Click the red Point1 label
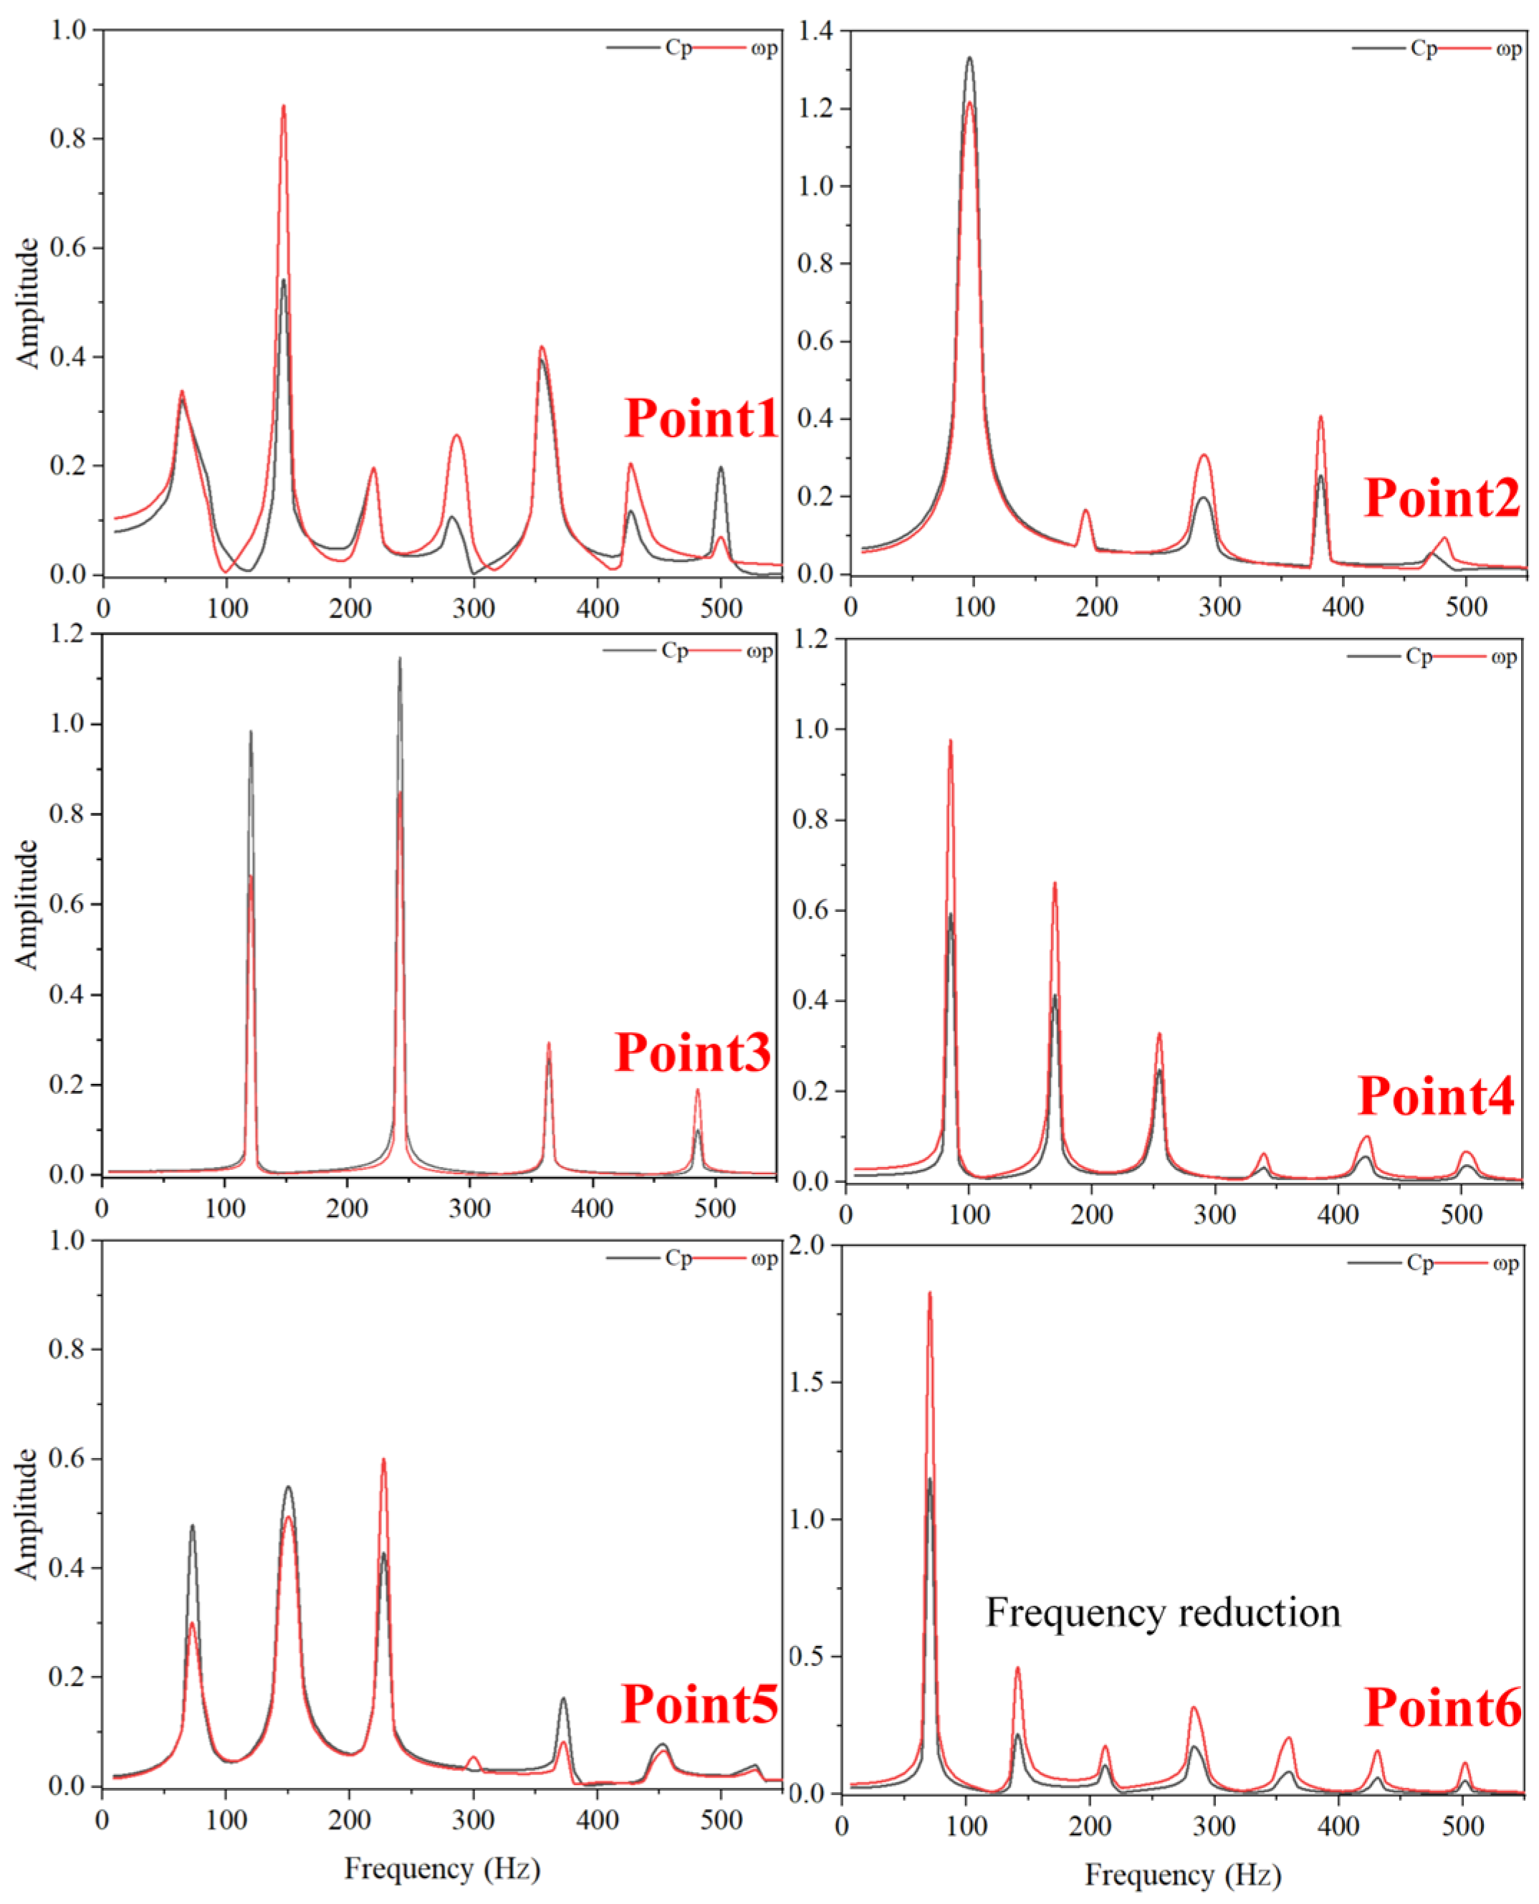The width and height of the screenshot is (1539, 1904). tap(701, 419)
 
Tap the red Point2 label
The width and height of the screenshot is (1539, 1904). tap(1442, 498)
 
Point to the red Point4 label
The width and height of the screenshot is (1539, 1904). tap(1436, 1097)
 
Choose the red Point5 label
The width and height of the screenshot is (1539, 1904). tap(699, 1705)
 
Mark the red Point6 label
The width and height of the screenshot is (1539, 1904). tap(1442, 1708)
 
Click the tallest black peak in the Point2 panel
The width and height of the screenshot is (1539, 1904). tap(969, 59)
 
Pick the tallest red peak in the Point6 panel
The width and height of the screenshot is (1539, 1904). tap(930, 1294)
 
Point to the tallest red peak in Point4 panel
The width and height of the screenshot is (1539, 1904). tap(950, 741)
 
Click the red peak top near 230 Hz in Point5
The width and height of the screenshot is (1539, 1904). tap(384, 1460)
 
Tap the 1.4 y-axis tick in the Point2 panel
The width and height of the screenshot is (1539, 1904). tap(815, 32)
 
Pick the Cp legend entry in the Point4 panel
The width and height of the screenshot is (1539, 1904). tap(1419, 657)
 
